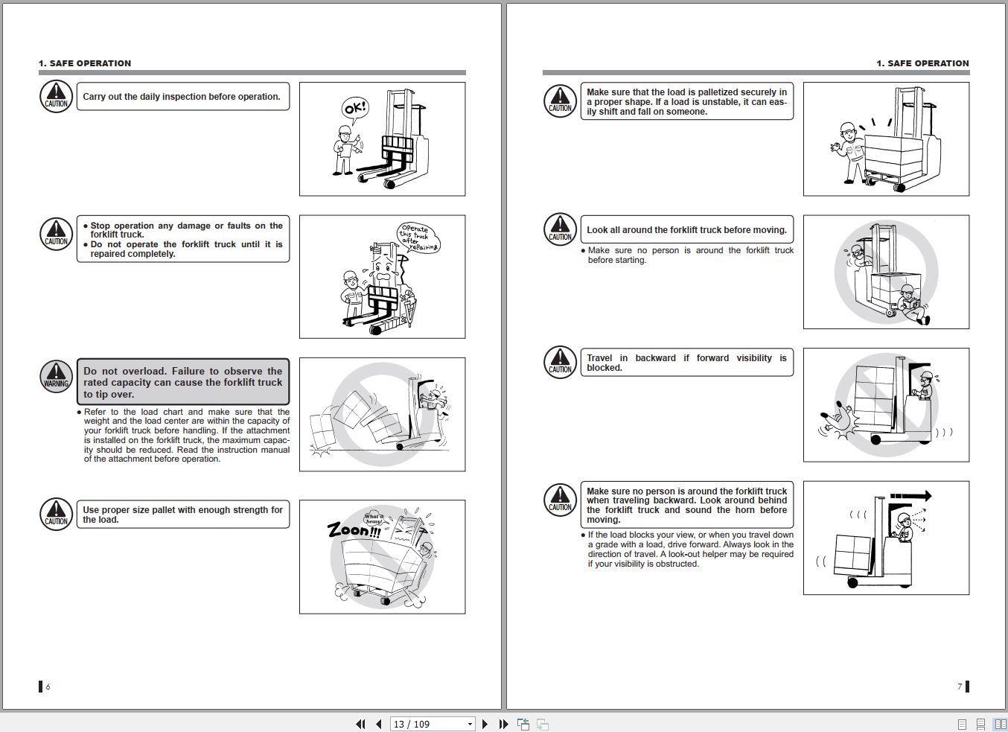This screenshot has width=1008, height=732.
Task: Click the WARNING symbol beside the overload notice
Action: pyautogui.click(x=56, y=376)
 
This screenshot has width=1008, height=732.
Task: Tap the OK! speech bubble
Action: pyautogui.click(x=355, y=109)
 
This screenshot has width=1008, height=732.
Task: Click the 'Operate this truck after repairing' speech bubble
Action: pyautogui.click(x=418, y=238)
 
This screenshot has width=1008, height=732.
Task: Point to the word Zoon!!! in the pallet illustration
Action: pyautogui.click(x=354, y=530)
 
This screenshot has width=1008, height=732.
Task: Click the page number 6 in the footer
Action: pyautogui.click(x=48, y=687)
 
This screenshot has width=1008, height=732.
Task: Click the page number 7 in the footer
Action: pyautogui.click(x=960, y=686)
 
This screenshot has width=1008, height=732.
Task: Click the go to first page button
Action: pyautogui.click(x=360, y=724)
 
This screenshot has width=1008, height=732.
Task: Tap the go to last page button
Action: pyautogui.click(x=503, y=724)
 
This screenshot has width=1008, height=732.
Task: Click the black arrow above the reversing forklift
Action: pyautogui.click(x=910, y=496)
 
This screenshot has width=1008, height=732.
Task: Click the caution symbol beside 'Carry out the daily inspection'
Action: pyautogui.click(x=56, y=96)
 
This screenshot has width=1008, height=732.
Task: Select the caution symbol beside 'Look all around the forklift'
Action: pyautogui.click(x=560, y=229)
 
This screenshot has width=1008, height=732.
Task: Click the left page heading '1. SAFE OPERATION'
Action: pyautogui.click(x=85, y=63)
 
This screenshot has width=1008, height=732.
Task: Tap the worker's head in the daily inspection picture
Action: pyautogui.click(x=344, y=133)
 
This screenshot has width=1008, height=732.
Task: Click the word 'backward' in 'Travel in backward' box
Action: pyautogui.click(x=655, y=358)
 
